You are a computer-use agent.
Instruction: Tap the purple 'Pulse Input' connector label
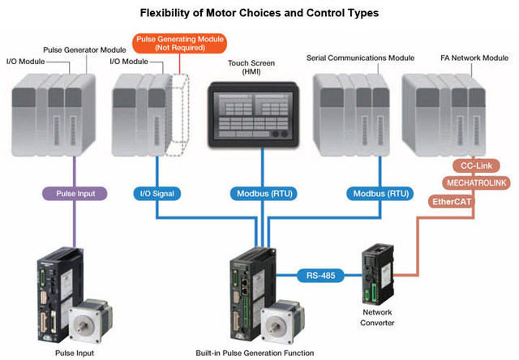click(x=75, y=194)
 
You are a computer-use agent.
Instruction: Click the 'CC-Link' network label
click(x=473, y=165)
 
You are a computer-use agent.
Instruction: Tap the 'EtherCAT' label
click(x=453, y=200)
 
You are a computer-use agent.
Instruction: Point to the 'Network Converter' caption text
click(x=379, y=318)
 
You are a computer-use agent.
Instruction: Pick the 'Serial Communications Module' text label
click(x=361, y=58)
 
